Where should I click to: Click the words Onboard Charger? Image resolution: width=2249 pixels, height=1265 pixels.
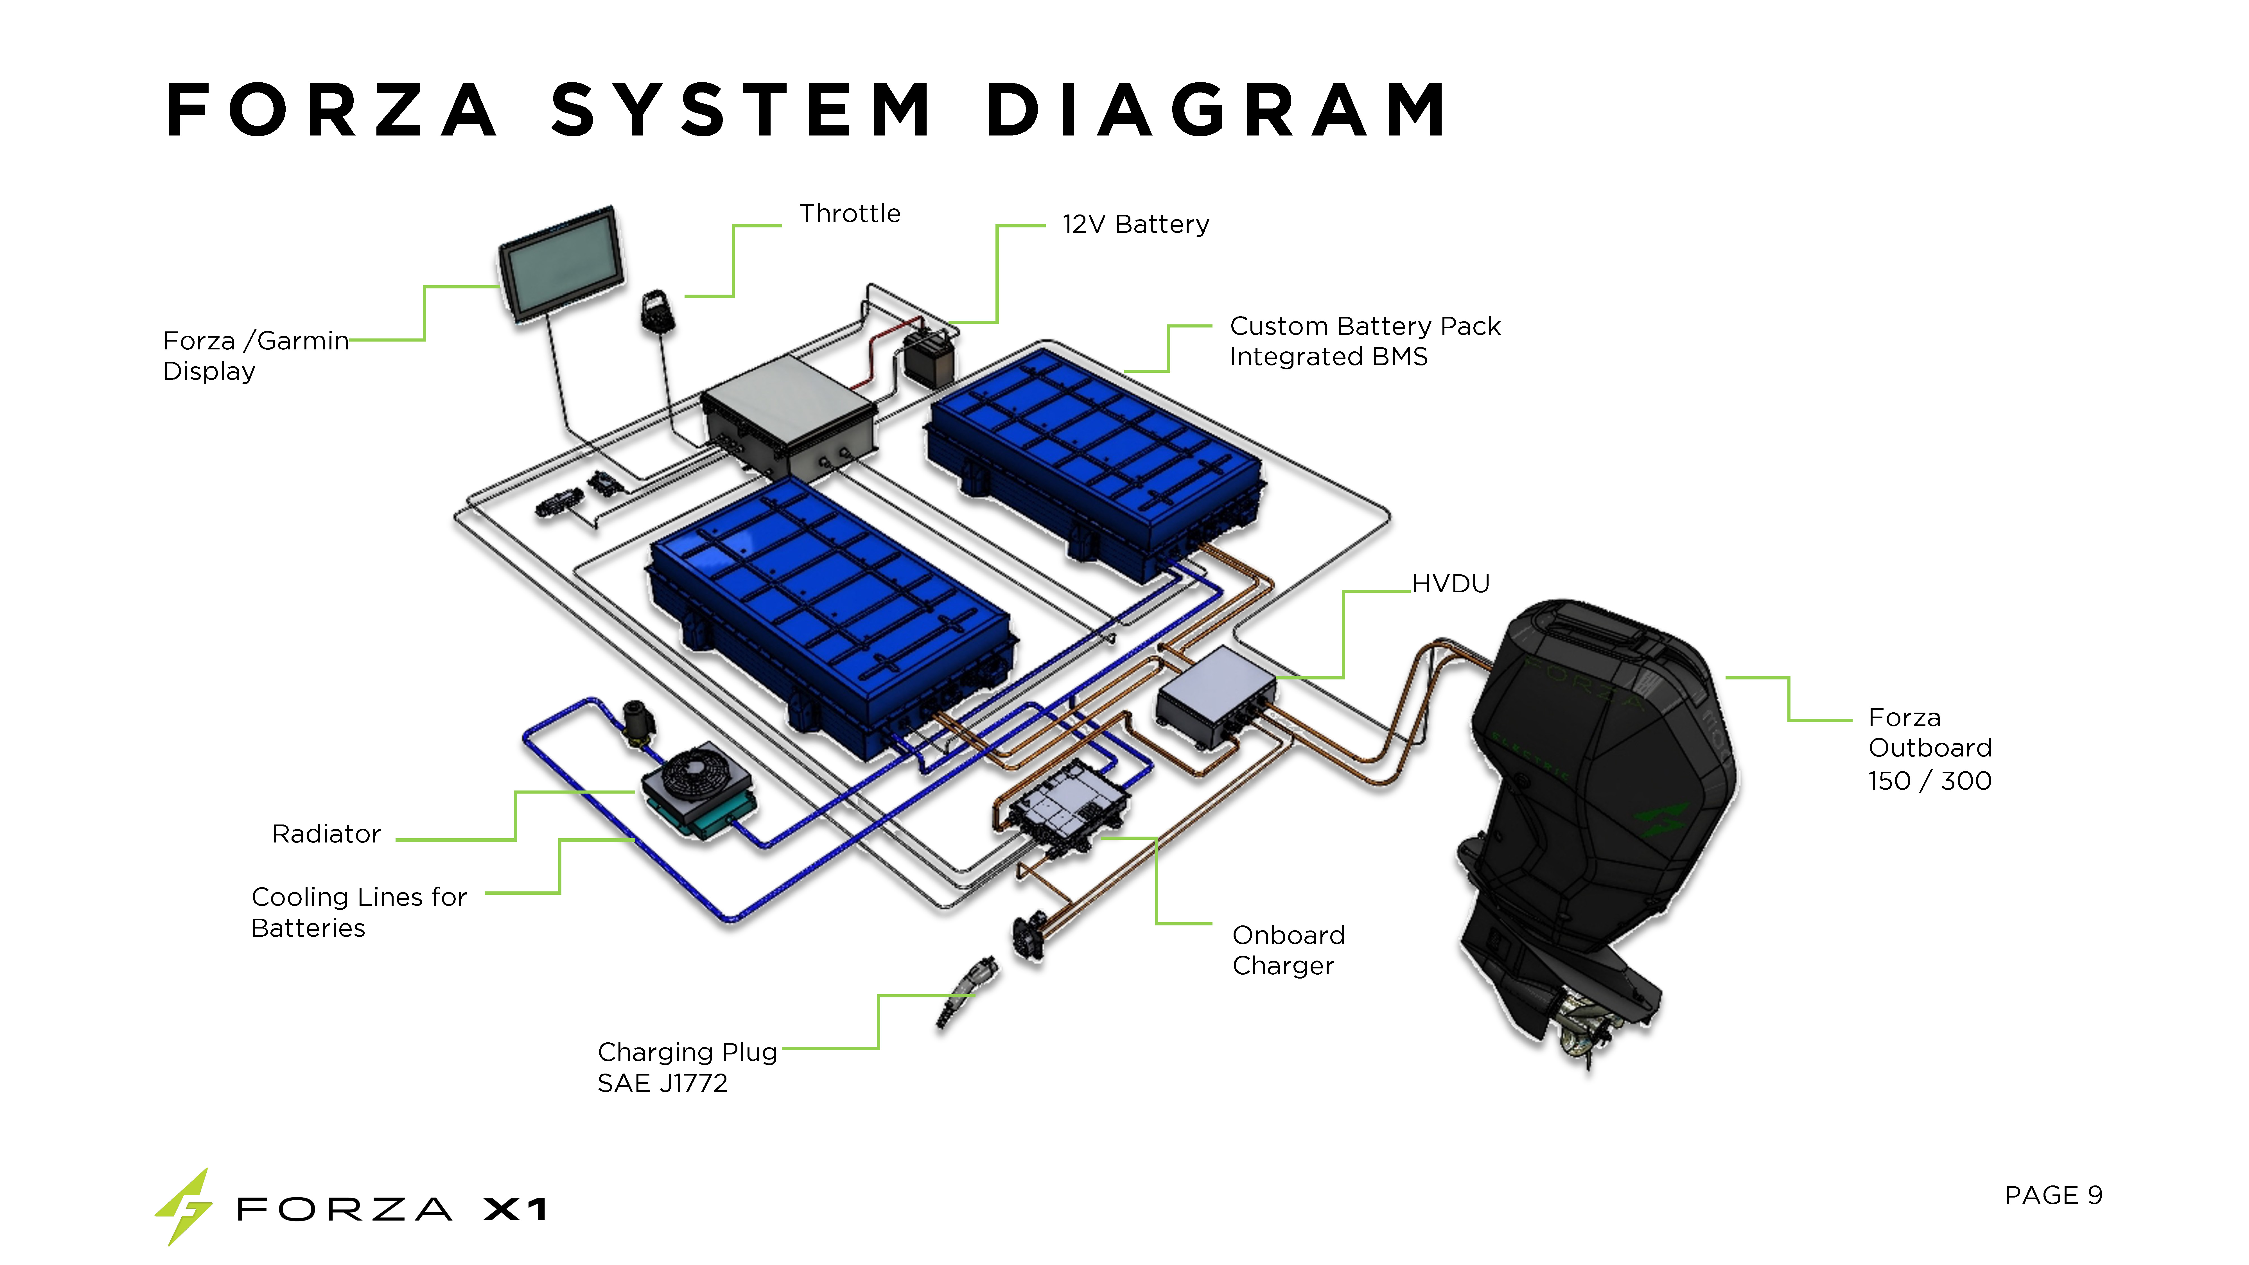tap(1288, 950)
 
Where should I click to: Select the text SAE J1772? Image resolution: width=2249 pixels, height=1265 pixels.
tap(662, 1083)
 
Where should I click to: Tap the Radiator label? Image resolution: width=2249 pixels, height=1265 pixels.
tap(326, 834)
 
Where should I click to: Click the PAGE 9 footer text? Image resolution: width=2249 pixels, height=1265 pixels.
tap(2053, 1195)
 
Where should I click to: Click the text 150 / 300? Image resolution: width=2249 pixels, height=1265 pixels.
tap(1929, 780)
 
